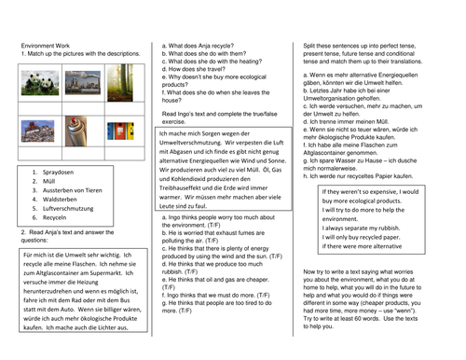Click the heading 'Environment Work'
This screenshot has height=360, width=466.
(46, 46)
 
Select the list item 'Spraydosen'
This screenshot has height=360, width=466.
(56, 173)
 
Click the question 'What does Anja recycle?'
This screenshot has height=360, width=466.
(199, 45)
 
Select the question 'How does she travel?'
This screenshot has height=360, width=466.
(195, 70)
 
